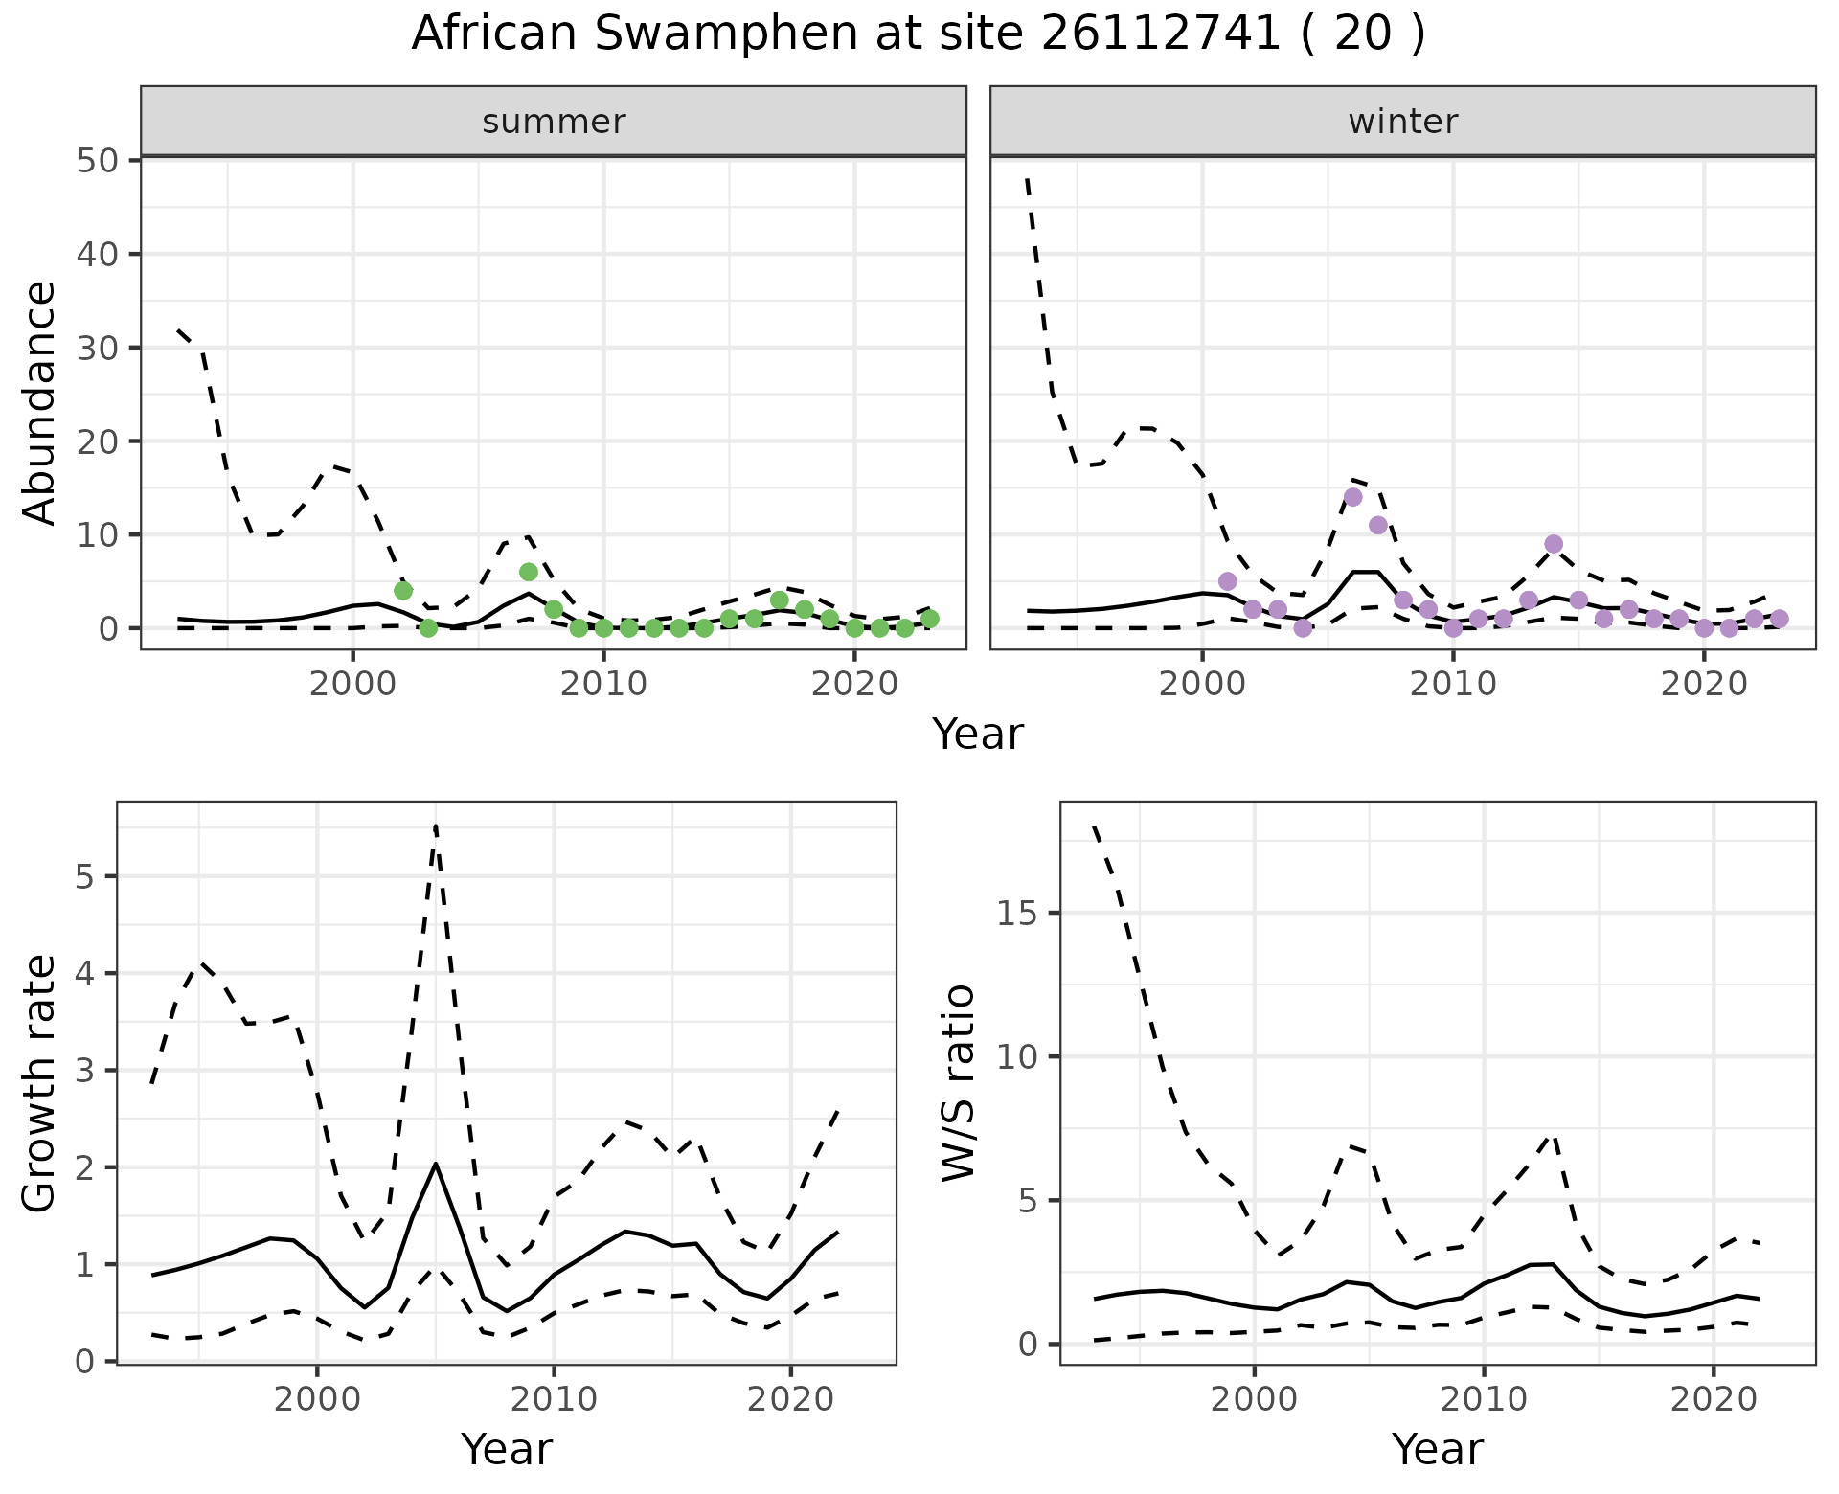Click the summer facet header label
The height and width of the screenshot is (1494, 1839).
click(x=554, y=122)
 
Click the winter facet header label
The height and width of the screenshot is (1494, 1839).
click(x=1402, y=122)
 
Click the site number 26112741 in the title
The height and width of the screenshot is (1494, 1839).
click(x=1160, y=34)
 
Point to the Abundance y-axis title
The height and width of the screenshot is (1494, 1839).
click(x=40, y=402)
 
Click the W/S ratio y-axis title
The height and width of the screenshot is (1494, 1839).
click(x=958, y=1082)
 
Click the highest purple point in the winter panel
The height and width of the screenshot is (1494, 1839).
click(x=1352, y=497)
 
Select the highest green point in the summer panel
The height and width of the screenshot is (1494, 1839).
click(x=529, y=572)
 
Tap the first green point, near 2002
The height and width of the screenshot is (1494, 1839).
click(x=403, y=590)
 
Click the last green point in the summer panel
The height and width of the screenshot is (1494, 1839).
click(x=929, y=619)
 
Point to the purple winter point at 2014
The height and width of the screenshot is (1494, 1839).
click(x=1554, y=544)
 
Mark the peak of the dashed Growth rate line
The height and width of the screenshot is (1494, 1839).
click(x=436, y=826)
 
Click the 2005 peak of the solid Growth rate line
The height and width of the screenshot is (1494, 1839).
click(x=436, y=1164)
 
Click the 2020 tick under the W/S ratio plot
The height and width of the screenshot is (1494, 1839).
click(x=1714, y=1399)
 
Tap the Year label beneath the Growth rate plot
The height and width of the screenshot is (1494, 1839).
click(x=506, y=1450)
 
